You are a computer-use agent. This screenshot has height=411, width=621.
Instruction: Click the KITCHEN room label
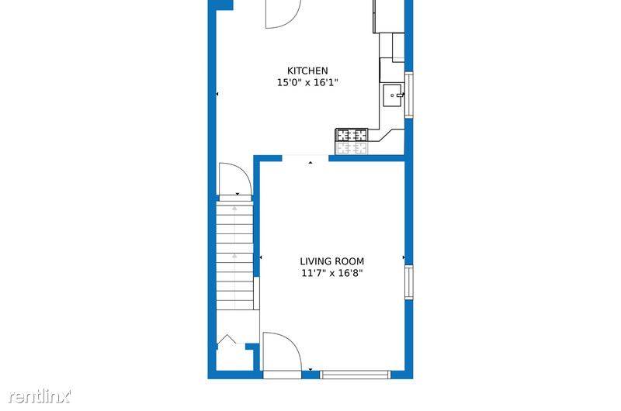pyautogui.click(x=307, y=71)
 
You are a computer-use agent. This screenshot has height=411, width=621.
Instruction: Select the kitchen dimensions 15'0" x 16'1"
pyautogui.click(x=307, y=83)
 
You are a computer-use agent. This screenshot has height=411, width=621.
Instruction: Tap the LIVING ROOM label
pyautogui.click(x=332, y=261)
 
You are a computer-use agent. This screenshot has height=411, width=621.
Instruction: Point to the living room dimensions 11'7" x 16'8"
pyautogui.click(x=332, y=273)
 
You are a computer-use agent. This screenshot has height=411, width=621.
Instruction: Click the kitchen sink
pyautogui.click(x=393, y=95)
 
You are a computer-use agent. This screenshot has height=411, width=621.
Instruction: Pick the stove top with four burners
pyautogui.click(x=352, y=135)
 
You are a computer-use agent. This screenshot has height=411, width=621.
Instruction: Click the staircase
pyautogui.click(x=235, y=256)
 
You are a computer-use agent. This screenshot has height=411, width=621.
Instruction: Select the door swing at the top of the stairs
pyautogui.click(x=235, y=180)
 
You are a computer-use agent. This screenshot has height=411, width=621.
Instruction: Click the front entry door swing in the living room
pyautogui.click(x=282, y=353)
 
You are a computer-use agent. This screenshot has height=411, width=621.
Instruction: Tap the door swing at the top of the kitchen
pyautogui.click(x=283, y=14)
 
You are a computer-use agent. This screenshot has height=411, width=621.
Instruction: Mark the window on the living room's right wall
pyautogui.click(x=409, y=282)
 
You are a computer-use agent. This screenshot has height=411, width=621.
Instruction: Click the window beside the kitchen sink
pyautogui.click(x=409, y=95)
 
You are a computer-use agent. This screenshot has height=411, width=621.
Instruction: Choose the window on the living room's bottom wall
pyautogui.click(x=356, y=375)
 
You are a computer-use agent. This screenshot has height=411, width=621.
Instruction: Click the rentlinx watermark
pyautogui.click(x=40, y=396)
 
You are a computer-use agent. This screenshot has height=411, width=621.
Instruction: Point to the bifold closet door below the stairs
pyautogui.click(x=227, y=340)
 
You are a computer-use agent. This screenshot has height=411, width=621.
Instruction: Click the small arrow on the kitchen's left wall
pyautogui.click(x=217, y=94)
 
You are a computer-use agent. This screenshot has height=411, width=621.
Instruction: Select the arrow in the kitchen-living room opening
pyautogui.click(x=310, y=162)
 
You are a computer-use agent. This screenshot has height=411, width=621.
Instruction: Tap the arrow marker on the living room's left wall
pyautogui.click(x=261, y=257)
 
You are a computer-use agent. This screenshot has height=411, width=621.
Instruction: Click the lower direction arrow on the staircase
pyautogui.click(x=234, y=256)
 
